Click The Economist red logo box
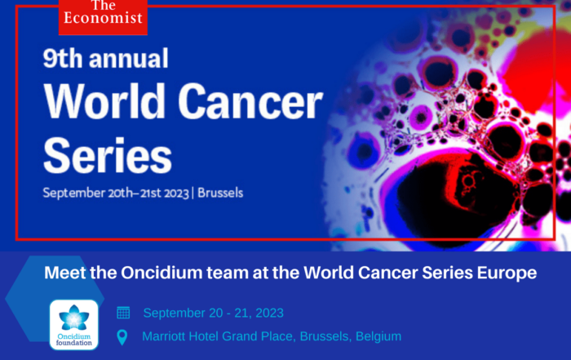click(103, 17)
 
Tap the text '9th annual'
click(105, 58)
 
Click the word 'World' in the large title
click(105, 101)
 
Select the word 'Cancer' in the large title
click(250, 102)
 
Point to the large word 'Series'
click(108, 156)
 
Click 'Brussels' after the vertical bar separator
click(220, 193)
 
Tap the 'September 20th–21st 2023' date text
click(116, 193)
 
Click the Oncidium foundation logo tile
click(74, 325)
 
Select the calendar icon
click(123, 313)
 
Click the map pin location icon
click(122, 337)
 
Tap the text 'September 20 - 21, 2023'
click(214, 313)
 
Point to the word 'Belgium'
click(378, 336)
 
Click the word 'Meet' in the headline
click(65, 273)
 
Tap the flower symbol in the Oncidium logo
click(74, 317)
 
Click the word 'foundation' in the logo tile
click(74, 343)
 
